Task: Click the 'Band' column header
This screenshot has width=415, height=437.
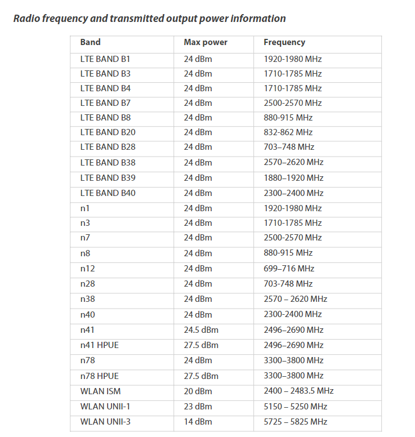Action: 90,42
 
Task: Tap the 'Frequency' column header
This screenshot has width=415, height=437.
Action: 284,42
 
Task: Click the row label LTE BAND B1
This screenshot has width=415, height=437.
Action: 105,59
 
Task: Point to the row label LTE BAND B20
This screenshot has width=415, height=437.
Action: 108,132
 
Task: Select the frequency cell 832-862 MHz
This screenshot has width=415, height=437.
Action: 288,132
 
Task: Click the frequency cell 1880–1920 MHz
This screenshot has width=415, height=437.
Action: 293,178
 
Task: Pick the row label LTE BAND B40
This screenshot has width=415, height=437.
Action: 108,193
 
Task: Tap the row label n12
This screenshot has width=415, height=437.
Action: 87,269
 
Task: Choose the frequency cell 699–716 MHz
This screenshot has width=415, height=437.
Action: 288,269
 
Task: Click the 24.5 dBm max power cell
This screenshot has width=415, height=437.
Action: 201,330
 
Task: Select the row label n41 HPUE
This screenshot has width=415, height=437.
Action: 100,345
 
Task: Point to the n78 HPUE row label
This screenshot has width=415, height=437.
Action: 100,376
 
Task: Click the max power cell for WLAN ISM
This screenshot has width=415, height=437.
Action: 198,391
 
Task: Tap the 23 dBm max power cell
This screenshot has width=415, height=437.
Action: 198,406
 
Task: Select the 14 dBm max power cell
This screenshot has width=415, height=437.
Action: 198,422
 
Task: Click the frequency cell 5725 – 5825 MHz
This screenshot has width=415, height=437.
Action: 295,422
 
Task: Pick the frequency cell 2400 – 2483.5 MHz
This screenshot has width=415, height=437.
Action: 298,391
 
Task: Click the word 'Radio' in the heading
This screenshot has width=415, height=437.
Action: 26,19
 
